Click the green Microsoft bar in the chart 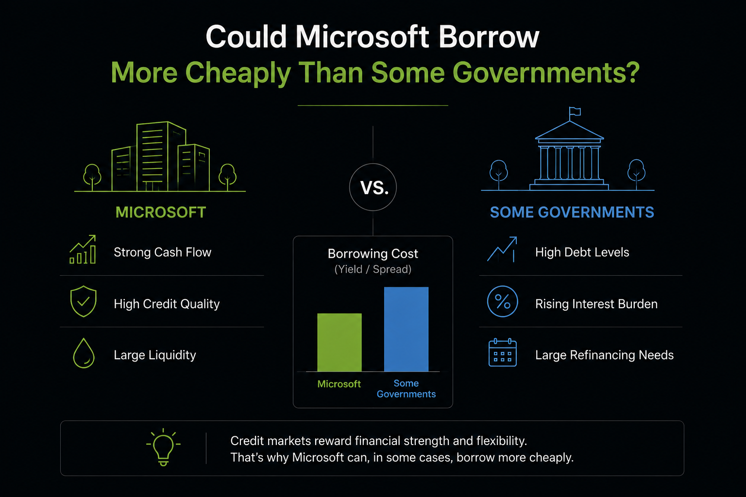339,342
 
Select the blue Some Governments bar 407,329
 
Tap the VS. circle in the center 373,164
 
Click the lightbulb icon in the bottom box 163,447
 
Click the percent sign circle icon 503,287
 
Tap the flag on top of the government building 575,112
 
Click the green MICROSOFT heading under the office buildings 161,213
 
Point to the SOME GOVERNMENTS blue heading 572,213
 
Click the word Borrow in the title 489,36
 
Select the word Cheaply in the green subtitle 238,73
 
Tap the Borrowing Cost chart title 373,254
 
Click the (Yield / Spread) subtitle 373,269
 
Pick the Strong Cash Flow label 163,252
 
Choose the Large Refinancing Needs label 605,355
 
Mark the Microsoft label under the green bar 339,384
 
